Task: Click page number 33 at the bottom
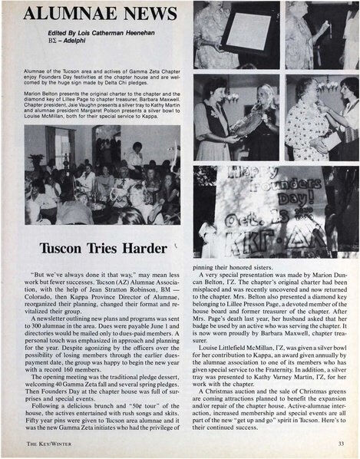(340, 444)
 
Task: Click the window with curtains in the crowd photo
(61, 145)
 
